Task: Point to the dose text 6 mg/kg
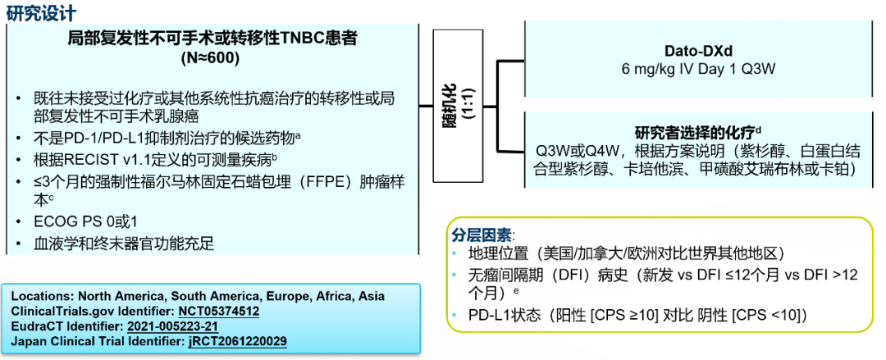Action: coord(646,69)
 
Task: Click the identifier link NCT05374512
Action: coord(219,312)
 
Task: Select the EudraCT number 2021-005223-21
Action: coord(173,326)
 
